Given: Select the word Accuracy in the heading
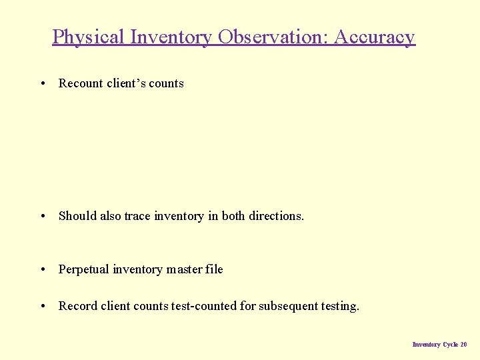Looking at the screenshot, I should (x=374, y=37).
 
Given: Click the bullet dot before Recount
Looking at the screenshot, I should (x=43, y=83).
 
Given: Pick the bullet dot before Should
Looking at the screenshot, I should (x=43, y=216).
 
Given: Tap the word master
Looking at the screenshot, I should (x=185, y=269).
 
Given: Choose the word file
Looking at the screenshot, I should (x=215, y=269).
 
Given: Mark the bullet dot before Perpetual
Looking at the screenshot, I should (x=43, y=269).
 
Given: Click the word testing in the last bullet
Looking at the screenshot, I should (x=341, y=306).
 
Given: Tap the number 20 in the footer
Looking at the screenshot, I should (x=463, y=345).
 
